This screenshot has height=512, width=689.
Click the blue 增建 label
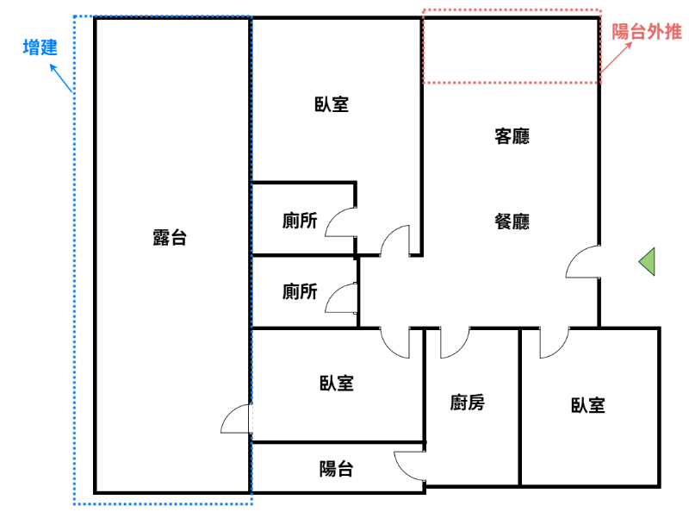point(40,47)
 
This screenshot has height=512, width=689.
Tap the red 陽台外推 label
point(647,32)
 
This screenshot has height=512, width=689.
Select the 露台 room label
point(170,238)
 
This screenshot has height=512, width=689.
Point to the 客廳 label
point(512,136)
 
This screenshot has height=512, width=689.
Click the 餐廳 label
point(512,222)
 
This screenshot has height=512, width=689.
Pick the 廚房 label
point(467,403)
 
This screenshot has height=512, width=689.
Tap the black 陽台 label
point(336,469)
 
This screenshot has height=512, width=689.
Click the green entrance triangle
point(647,262)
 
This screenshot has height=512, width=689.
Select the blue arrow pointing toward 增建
point(61,78)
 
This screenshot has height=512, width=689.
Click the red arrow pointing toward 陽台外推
point(616,57)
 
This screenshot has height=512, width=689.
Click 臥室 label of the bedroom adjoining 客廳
point(332,104)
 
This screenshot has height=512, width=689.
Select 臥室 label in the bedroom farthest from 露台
point(588,405)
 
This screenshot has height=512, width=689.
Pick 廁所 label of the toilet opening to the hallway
point(300,291)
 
